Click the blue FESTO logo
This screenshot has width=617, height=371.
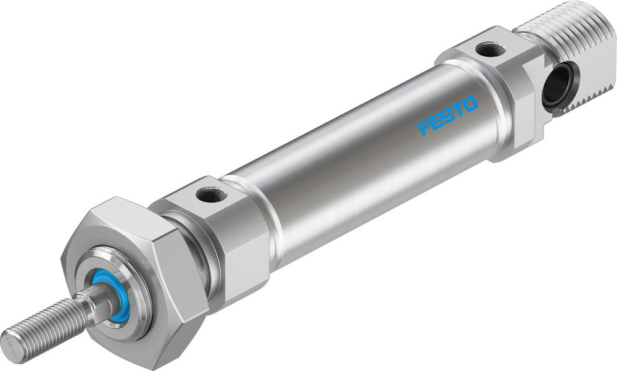click(x=448, y=115)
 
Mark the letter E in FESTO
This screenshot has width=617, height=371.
click(x=436, y=122)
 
